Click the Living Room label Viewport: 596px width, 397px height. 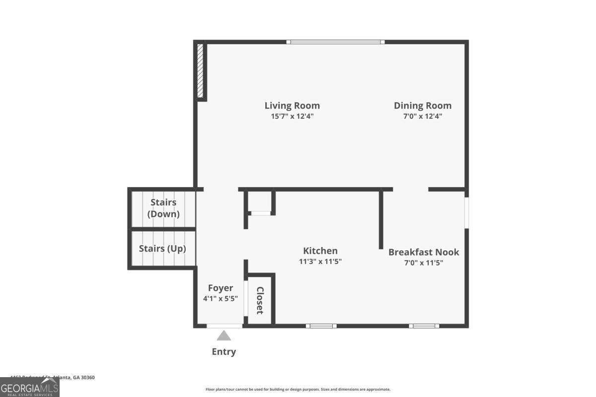click(292, 106)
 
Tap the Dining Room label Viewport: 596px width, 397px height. click(423, 106)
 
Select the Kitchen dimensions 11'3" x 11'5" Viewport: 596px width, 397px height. click(320, 262)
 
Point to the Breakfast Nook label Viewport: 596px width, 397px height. click(424, 252)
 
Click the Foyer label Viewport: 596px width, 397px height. click(220, 288)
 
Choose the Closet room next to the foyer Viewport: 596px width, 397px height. click(260, 300)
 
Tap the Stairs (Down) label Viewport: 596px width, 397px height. click(163, 208)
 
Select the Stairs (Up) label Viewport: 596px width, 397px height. click(162, 249)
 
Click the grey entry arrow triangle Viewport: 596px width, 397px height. click(224, 336)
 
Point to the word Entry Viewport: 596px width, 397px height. click(224, 352)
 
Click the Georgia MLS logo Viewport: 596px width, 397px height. click(29, 387)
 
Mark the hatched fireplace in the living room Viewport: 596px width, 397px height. click(200, 71)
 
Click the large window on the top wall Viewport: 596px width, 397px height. click(336, 42)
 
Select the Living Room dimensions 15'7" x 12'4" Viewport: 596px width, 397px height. click(292, 117)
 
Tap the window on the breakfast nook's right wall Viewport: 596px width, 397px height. click(466, 212)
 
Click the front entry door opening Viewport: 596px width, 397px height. click(224, 326)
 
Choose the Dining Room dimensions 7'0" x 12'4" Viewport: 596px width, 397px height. click(423, 117)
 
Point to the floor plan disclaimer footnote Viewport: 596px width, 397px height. click(298, 390)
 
